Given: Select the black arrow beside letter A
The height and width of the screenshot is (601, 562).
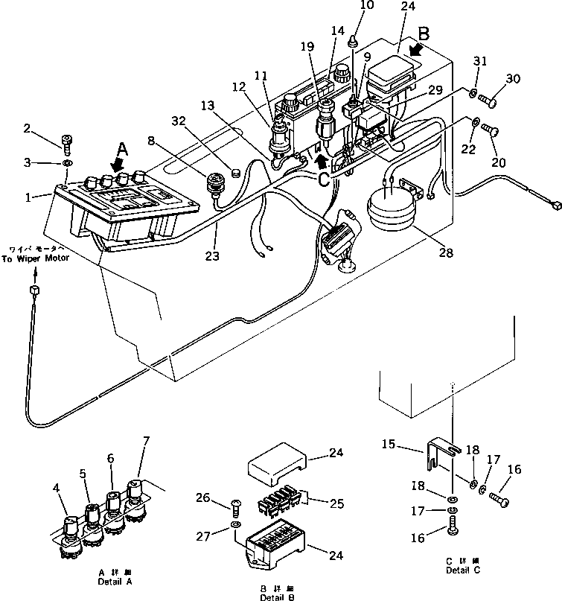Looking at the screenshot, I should (117, 162).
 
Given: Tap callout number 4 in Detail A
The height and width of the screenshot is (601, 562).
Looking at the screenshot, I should (57, 488).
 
